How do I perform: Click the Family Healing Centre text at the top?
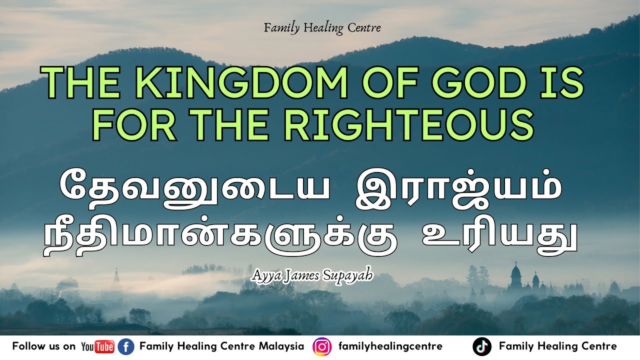[x=322, y=28]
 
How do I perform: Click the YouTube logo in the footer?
[x=97, y=346]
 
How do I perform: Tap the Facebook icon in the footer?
[x=126, y=346]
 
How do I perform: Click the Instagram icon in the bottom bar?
[x=321, y=346]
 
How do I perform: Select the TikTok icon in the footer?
[x=481, y=346]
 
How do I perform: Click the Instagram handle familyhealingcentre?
[x=390, y=346]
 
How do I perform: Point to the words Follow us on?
[x=44, y=346]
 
